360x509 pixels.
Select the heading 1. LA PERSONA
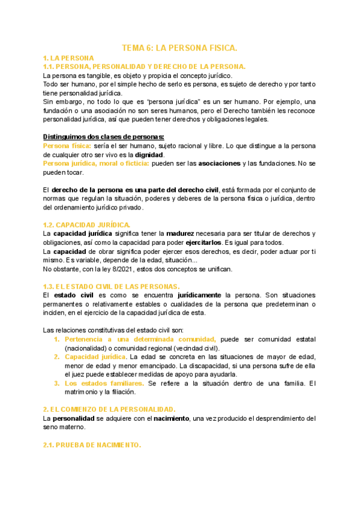coord(68,58)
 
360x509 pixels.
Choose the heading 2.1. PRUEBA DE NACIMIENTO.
coord(92,445)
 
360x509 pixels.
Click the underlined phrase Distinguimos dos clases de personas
coord(104,136)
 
